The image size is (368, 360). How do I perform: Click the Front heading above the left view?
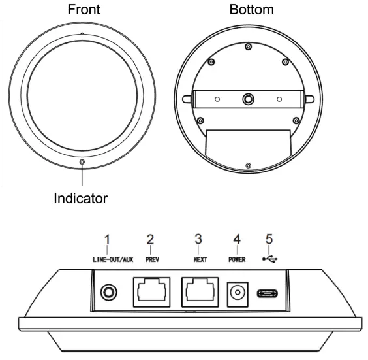82,10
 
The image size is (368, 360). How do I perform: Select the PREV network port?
151,292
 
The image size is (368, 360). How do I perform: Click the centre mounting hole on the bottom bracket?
248,99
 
